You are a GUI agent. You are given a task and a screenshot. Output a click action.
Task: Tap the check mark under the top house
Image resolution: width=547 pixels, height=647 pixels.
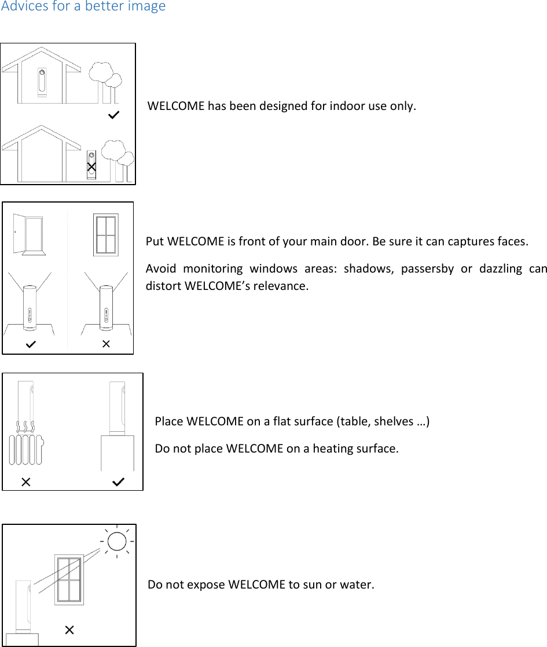114,116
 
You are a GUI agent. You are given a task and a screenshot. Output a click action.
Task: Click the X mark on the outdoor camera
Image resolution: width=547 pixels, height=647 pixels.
91,167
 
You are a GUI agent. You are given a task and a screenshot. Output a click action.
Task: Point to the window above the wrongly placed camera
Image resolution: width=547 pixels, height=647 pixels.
106,234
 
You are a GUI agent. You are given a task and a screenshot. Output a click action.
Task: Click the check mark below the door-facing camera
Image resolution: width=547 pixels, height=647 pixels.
31,344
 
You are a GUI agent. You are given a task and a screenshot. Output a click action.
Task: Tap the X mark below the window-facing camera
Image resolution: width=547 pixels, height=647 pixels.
106,344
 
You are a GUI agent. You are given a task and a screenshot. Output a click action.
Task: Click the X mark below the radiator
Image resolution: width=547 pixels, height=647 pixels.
26,481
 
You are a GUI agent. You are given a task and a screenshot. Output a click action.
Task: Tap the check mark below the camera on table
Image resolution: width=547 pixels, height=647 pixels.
118,481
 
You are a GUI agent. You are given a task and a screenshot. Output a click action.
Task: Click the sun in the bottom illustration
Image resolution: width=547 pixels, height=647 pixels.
116,541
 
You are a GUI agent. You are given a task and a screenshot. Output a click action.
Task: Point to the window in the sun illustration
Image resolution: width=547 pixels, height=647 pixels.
69,579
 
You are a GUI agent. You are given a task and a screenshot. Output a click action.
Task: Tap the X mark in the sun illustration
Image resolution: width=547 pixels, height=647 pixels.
69,630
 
